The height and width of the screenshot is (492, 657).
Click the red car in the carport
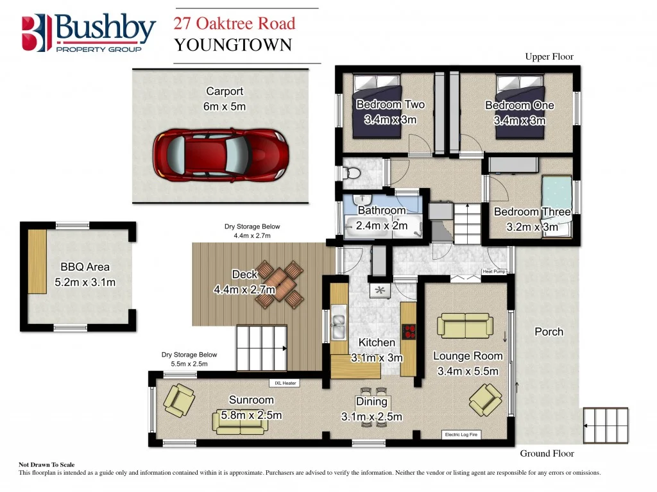click(221, 157)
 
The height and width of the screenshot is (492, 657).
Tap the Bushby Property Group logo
click(89, 32)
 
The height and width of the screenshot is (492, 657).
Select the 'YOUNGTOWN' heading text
click(233, 45)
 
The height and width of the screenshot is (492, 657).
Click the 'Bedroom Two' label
click(390, 105)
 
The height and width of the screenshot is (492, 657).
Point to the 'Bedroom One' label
click(519, 105)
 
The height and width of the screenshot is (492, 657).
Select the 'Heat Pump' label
click(494, 272)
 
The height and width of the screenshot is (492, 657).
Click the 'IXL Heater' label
click(286, 384)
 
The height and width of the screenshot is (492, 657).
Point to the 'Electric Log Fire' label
click(462, 435)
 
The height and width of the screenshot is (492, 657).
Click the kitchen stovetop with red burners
click(409, 332)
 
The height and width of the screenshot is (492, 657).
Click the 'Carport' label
click(225, 92)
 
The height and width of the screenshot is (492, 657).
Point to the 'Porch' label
click(549, 332)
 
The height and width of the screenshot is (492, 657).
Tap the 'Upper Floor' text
click(549, 57)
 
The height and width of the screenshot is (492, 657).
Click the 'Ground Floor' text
click(547, 454)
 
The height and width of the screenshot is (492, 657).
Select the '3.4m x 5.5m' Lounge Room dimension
click(468, 371)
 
